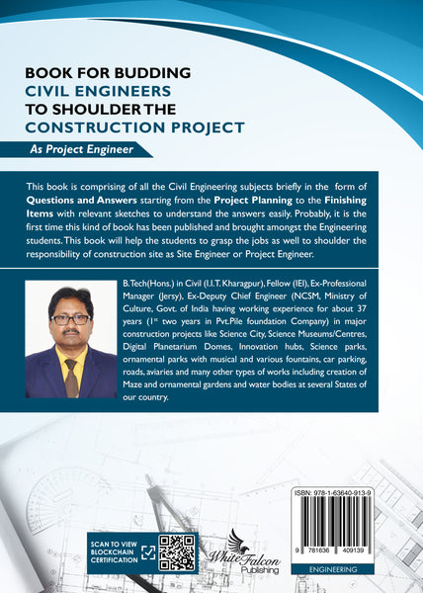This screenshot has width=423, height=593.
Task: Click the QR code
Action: point(174,553)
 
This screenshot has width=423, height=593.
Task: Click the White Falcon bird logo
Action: point(241,543)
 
